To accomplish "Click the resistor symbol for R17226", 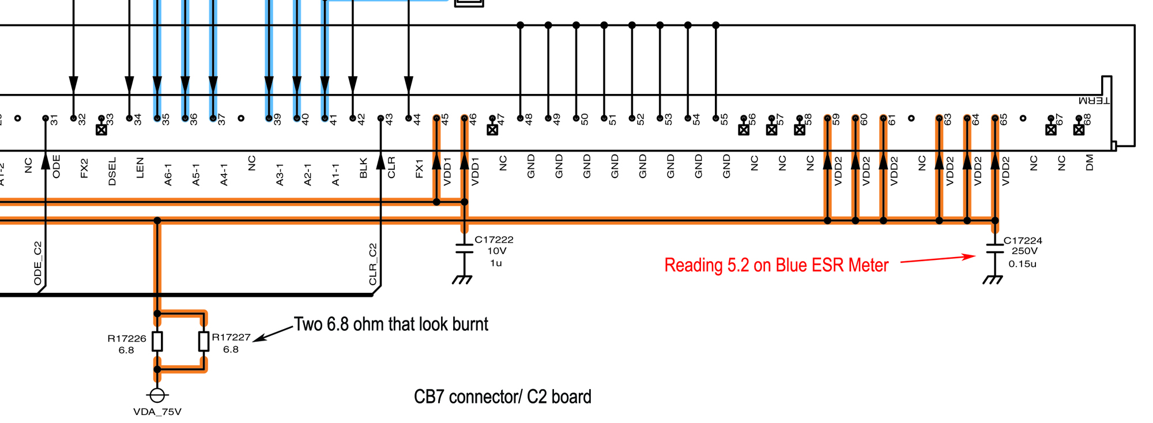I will click(x=157, y=341).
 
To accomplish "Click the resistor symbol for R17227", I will click(x=204, y=341).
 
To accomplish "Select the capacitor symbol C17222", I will click(x=464, y=248).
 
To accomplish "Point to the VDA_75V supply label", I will click(x=157, y=411).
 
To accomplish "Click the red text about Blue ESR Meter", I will click(x=776, y=265).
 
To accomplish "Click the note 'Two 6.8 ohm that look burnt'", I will click(x=391, y=324).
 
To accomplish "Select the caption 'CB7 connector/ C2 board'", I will click(x=502, y=397).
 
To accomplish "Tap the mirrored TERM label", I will click(x=1094, y=101).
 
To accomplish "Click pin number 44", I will click(x=417, y=119).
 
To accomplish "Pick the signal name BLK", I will click(x=364, y=168).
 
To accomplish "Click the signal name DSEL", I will click(x=112, y=171).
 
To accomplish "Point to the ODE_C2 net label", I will click(x=38, y=263).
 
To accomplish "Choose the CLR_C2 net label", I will click(x=373, y=265).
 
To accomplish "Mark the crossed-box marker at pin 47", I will click(x=492, y=130).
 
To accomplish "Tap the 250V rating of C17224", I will click(x=1024, y=251).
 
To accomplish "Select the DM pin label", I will click(x=1089, y=163).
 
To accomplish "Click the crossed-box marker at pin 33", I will click(x=101, y=130).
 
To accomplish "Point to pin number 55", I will click(x=725, y=119).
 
